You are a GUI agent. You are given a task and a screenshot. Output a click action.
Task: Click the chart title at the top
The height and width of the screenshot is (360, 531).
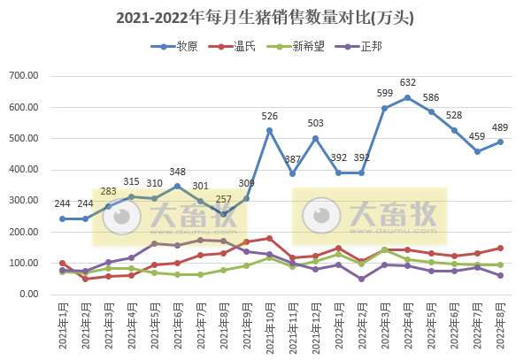click(265, 17)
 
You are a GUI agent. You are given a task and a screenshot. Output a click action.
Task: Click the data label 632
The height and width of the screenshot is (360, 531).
click(407, 84)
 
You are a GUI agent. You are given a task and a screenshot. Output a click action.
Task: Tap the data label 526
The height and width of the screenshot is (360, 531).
click(269, 117)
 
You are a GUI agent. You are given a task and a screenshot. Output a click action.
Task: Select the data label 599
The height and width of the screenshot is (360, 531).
click(384, 95)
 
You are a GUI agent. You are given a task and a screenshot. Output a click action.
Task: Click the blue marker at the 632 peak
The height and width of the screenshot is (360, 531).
click(407, 97)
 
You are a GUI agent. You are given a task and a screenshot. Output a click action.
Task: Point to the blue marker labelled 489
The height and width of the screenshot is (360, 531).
click(500, 142)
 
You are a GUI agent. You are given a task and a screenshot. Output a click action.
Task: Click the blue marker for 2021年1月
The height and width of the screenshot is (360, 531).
click(62, 218)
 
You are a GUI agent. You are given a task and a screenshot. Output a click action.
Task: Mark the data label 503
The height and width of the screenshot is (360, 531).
click(315, 124)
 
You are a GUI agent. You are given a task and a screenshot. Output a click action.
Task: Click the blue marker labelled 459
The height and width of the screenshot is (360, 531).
click(477, 151)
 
